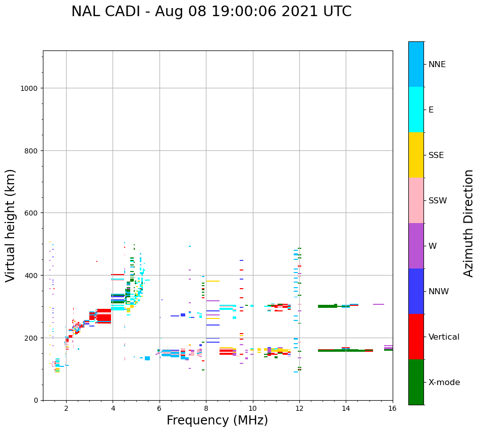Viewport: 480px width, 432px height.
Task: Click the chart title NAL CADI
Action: (x=211, y=12)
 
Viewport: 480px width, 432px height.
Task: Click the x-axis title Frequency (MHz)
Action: (x=217, y=420)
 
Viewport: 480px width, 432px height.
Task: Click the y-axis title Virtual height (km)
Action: (x=11, y=226)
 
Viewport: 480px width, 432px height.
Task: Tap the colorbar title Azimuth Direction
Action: (x=469, y=223)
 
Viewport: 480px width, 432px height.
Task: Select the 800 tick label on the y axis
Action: (x=32, y=150)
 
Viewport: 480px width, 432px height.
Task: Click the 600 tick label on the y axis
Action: (x=32, y=213)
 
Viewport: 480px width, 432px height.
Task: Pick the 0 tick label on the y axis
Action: (x=36, y=400)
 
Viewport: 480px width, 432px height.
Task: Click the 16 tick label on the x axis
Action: (x=392, y=408)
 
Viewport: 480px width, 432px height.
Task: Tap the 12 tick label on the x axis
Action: (x=299, y=408)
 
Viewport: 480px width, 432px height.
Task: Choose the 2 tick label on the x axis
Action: (x=66, y=408)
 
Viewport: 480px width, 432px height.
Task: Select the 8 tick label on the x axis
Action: (x=206, y=408)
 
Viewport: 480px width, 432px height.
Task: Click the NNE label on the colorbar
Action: (x=437, y=65)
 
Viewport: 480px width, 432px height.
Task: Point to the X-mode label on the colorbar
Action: (x=444, y=383)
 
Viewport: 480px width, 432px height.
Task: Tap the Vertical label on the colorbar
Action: (x=444, y=337)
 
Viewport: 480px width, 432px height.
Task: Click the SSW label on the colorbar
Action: (x=438, y=201)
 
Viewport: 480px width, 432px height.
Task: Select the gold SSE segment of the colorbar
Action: (x=416, y=155)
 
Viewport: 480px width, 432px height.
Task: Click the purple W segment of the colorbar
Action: (x=416, y=246)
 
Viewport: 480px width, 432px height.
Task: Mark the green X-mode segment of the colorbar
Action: (x=416, y=382)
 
